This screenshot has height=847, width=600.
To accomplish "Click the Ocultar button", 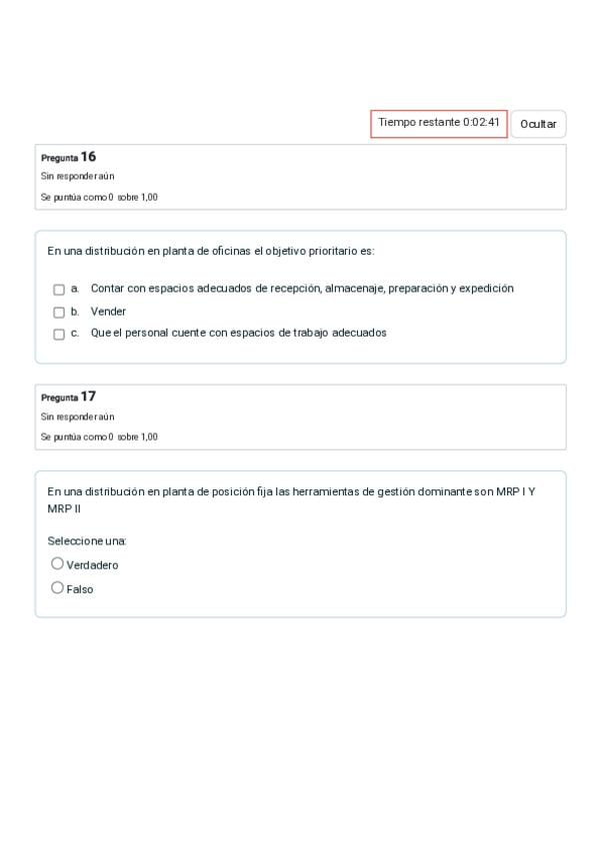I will click(x=538, y=124).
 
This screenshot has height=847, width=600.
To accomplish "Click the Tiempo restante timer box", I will click(x=439, y=123).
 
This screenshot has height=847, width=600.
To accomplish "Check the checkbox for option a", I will click(x=59, y=290).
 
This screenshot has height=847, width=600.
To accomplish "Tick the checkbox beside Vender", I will click(x=59, y=312).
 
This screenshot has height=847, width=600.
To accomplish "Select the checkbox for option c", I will click(x=59, y=334).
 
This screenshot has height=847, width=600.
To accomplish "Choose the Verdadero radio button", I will click(x=57, y=563).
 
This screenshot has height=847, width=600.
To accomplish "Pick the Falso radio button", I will click(x=57, y=587).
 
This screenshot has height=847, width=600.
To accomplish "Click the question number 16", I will click(x=89, y=157).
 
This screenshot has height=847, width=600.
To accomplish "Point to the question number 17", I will click(x=89, y=397).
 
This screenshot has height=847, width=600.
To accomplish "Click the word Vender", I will click(x=108, y=312).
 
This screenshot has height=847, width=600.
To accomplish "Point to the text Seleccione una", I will click(x=87, y=541).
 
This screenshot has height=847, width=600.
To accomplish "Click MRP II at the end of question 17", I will click(x=64, y=508).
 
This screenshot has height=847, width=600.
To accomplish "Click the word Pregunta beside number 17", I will click(x=59, y=398).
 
